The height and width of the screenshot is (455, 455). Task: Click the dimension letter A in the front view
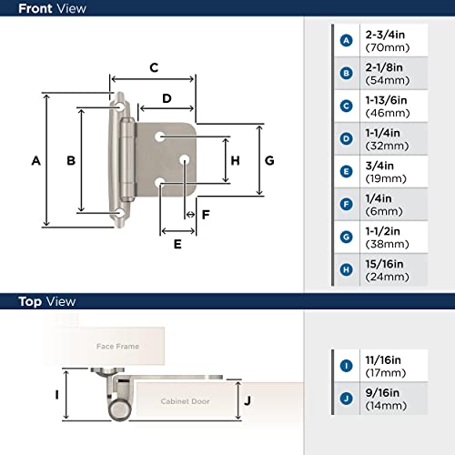click(x=35, y=161)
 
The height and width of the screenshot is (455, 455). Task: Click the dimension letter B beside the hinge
click(x=70, y=161)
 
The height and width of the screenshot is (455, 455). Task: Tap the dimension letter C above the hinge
click(x=154, y=66)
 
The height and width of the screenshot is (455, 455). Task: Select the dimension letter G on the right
click(x=269, y=160)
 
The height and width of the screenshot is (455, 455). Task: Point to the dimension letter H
click(x=235, y=160)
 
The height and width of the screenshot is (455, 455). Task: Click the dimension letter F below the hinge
click(x=205, y=215)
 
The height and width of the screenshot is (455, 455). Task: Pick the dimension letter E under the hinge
click(x=177, y=243)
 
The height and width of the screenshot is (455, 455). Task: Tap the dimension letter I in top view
click(x=56, y=395)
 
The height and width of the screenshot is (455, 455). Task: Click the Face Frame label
click(x=119, y=346)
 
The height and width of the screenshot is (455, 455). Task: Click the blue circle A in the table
click(x=346, y=40)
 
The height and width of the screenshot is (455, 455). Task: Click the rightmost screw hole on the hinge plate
click(x=185, y=159)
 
